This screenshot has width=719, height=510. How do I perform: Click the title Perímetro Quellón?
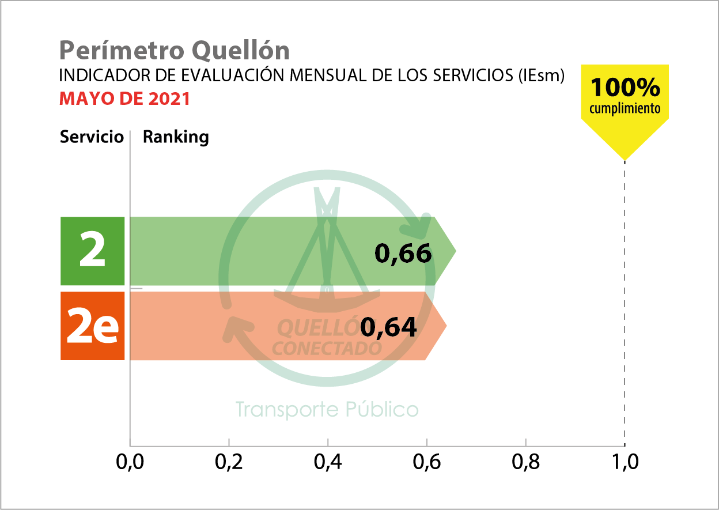coord(174,51)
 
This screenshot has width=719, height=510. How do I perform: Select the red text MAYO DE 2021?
coord(124,99)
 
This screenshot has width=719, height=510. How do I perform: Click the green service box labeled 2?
coord(92,251)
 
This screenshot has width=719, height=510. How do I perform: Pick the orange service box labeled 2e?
coord(92,326)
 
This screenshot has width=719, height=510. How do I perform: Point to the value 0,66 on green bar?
coord(403,253)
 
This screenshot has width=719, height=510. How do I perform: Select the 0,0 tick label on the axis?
coord(130,463)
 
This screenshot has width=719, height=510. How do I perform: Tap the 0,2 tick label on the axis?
coord(229,463)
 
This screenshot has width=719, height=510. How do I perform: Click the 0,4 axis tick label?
coord(328,463)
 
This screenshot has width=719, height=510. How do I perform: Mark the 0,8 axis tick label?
coord(525,463)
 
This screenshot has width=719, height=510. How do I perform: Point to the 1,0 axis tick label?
coord(625,463)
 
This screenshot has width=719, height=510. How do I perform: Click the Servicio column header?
coord(92,137)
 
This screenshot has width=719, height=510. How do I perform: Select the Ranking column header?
coord(176,137)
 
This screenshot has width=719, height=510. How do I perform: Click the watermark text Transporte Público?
coord(327,410)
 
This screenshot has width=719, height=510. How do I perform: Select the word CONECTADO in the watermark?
coord(327,349)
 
